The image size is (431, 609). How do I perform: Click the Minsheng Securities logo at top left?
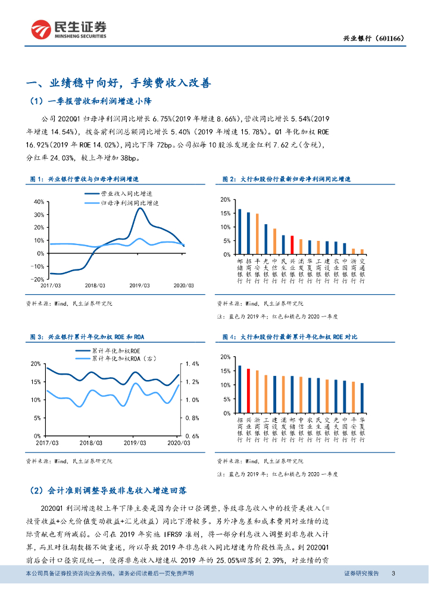tap(68, 28)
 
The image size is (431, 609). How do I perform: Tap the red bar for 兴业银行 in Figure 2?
tap(292, 245)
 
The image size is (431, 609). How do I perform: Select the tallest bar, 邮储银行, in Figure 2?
tap(240, 232)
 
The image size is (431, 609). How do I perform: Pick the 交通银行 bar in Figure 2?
tap(362, 252)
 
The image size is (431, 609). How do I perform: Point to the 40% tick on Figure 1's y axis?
tap(38, 202)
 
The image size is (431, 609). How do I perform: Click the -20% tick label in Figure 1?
tap(37, 279)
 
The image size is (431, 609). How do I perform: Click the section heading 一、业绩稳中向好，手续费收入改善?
tap(119, 83)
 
